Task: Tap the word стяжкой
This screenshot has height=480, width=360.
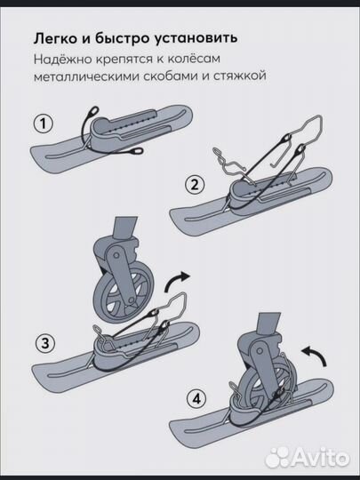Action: coord(244,77)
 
